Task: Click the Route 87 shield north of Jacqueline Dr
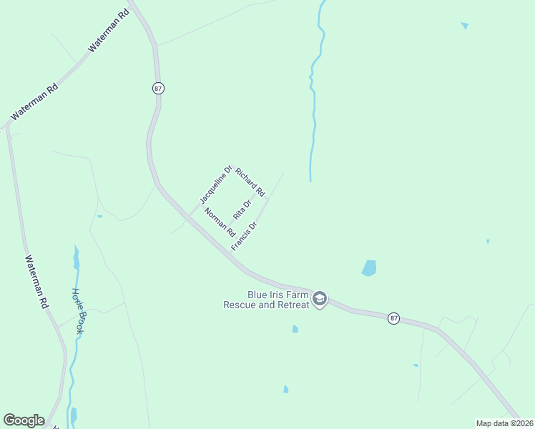158,87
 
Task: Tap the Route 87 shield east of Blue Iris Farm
393,317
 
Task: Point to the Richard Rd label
250,182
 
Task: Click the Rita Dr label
242,209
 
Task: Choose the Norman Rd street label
220,222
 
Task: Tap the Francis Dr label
244,236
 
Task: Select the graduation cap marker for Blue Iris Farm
320,299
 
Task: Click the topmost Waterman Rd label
107,30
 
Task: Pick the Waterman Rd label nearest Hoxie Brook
37,282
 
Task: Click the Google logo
24,420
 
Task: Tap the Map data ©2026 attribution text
504,423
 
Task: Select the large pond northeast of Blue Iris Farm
369,268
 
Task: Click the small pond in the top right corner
465,26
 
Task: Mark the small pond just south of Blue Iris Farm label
295,329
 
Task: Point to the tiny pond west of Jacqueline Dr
99,216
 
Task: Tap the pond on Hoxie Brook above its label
76,257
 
